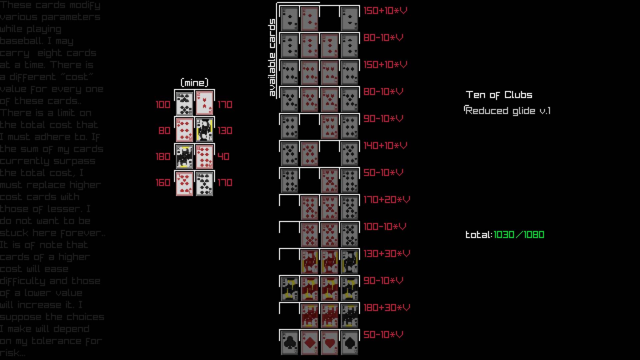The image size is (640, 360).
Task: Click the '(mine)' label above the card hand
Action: (x=194, y=83)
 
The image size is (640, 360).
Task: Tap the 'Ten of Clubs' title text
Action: (x=499, y=95)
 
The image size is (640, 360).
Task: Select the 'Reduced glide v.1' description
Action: (x=507, y=111)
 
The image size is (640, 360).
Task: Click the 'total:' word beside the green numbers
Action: (x=479, y=235)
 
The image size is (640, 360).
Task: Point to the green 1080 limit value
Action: (x=534, y=235)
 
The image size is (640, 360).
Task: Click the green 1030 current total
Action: (x=504, y=235)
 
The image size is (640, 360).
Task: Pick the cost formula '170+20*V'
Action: (x=386, y=200)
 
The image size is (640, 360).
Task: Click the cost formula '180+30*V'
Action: (x=386, y=308)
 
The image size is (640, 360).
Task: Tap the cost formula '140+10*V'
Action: (x=385, y=146)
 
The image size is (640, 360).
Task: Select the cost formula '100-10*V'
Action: (x=385, y=227)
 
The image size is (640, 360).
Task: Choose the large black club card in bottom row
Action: (x=289, y=343)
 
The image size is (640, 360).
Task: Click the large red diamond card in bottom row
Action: (x=309, y=343)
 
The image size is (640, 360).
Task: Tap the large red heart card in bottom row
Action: (x=329, y=343)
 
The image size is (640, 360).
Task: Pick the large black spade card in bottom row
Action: (x=349, y=343)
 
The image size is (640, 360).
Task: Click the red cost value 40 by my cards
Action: (x=223, y=157)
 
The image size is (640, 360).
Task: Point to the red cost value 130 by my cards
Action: (x=225, y=131)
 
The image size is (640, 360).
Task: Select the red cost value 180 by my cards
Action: (x=163, y=157)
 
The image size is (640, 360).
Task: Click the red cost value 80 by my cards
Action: (x=164, y=131)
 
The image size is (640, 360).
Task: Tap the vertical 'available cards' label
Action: (x=272, y=57)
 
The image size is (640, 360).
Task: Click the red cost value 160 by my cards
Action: (x=163, y=183)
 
